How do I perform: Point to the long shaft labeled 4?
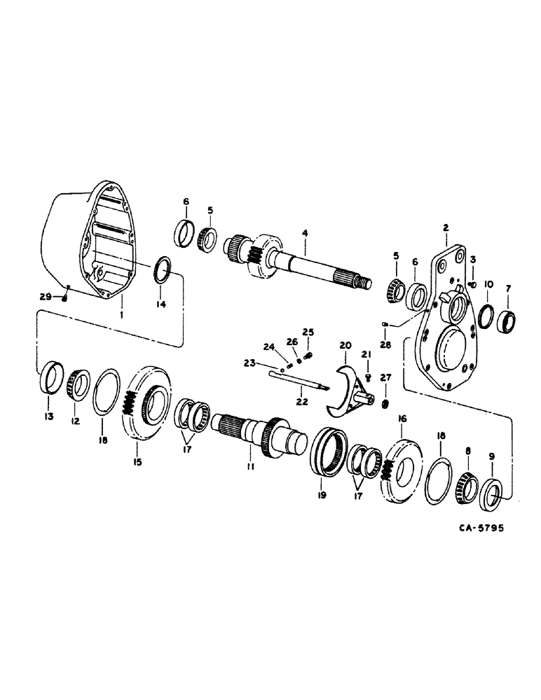[x=301, y=266]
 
